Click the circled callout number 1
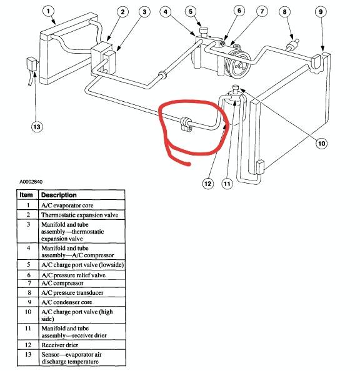(49, 11)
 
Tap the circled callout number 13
(37, 127)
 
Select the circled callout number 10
(321, 144)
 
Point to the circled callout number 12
(207, 184)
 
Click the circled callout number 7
(262, 11)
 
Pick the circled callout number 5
(191, 11)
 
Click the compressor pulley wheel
(237, 64)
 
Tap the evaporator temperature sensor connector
(32, 64)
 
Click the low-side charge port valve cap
(204, 31)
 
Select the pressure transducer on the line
(292, 44)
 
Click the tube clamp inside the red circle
(186, 124)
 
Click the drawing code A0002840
(31, 182)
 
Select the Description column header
(59, 195)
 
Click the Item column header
(26, 195)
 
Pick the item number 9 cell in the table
(28, 302)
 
